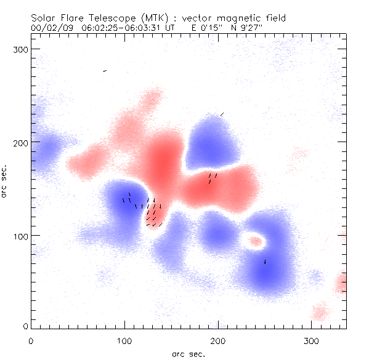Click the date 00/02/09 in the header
point(50,28)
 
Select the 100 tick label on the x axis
point(125,339)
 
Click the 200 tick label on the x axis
point(219,339)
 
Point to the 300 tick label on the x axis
point(312,339)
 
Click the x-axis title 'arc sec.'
point(188,353)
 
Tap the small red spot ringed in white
point(255,241)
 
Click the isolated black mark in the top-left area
point(105,71)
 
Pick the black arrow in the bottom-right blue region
point(265,262)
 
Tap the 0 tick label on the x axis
point(31,339)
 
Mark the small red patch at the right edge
point(342,284)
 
